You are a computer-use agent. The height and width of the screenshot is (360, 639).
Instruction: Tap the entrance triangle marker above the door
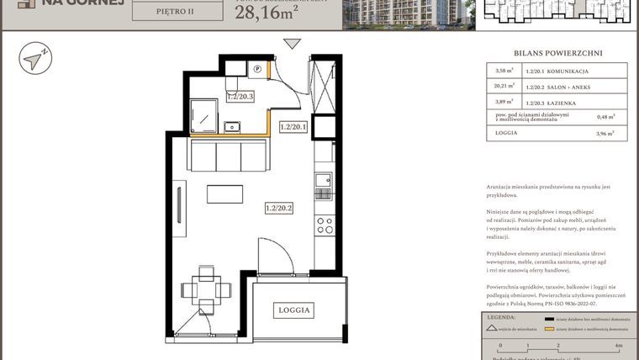click(292, 45)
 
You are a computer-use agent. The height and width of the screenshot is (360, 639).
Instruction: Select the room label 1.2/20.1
click(293, 128)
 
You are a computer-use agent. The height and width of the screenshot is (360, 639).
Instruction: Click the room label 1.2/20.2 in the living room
click(278, 207)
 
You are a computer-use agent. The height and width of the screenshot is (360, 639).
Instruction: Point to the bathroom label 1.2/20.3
click(241, 97)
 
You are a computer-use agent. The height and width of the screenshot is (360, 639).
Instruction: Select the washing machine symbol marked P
click(258, 69)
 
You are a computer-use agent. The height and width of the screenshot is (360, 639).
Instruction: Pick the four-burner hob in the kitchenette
click(324, 225)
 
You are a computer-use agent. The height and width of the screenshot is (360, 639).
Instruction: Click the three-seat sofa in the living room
click(227, 156)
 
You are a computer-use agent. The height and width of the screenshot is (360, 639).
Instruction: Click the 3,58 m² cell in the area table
click(504, 71)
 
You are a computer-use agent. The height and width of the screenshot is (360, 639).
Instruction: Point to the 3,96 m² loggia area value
click(605, 133)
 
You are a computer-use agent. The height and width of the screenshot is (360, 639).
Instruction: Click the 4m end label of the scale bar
click(619, 345)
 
